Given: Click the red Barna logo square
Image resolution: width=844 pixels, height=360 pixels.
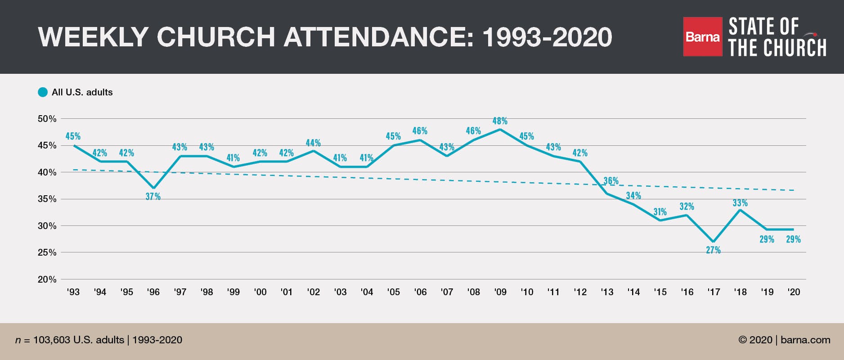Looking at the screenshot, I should (702, 36).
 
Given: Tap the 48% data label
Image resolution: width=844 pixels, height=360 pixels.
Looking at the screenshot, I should (500, 121).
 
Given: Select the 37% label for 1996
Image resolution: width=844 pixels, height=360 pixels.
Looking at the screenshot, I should (153, 197).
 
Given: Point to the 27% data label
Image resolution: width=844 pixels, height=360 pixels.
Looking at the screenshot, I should (713, 250).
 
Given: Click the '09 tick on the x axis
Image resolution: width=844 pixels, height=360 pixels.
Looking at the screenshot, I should (500, 292).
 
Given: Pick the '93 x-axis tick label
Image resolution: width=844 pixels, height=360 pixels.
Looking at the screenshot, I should (73, 292).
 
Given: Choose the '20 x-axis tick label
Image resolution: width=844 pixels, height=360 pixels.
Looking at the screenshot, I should (794, 292).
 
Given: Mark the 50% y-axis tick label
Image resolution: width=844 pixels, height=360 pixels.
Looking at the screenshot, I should (47, 119).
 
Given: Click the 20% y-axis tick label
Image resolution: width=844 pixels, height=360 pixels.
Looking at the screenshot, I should (47, 279).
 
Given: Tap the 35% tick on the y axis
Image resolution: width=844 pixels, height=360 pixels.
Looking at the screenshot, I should (47, 199).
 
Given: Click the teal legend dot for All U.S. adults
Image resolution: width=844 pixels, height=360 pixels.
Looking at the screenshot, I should (43, 92).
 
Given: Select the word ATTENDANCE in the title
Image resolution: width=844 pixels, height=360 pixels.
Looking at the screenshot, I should (378, 37).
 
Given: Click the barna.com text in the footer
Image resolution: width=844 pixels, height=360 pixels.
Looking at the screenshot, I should (805, 340).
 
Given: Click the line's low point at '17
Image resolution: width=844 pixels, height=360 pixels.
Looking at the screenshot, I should (714, 242).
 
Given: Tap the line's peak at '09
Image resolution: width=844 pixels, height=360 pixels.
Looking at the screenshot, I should (500, 130).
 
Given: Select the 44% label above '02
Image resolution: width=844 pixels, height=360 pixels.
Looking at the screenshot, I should (313, 143).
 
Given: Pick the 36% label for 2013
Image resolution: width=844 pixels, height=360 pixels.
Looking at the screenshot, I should (611, 181).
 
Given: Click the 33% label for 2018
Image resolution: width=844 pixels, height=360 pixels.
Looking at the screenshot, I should (740, 203).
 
